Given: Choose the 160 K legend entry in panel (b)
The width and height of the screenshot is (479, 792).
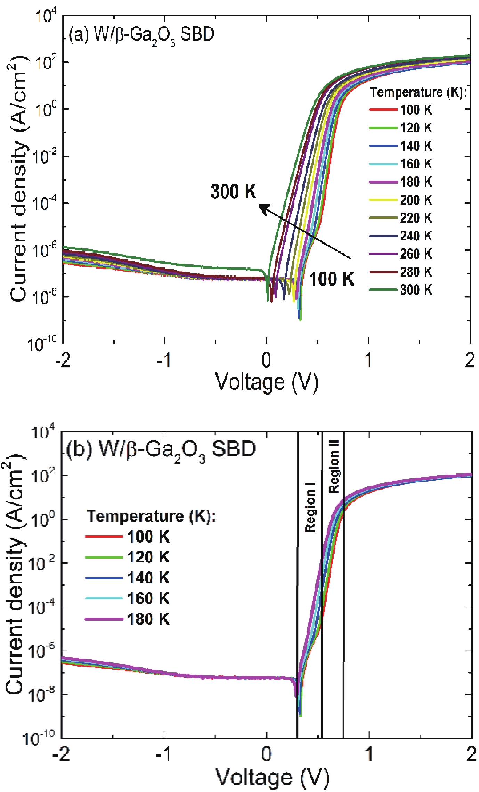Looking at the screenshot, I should coord(148,598).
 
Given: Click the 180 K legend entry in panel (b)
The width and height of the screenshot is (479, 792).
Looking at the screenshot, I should coord(148,619).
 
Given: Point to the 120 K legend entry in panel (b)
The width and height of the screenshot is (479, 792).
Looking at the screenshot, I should coord(148,557).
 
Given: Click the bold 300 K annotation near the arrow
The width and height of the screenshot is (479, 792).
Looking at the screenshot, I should coord(233,191).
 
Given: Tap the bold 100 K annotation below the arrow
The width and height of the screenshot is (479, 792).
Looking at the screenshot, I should coord(331,279).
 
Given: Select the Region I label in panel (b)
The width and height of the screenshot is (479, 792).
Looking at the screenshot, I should coord(310,507).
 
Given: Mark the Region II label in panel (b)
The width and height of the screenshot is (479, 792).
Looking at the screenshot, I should coord(334,471).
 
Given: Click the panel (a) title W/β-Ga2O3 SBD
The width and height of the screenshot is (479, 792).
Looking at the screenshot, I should coord(141,36).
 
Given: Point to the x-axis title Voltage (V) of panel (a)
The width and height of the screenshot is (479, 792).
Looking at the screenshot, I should coord(267,382).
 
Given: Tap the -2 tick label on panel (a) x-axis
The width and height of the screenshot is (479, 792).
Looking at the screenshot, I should coord(63,360).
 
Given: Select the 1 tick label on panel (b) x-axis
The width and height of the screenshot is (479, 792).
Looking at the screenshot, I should coord(368,754).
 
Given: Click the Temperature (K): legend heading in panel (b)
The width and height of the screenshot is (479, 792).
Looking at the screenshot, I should coord(151,516).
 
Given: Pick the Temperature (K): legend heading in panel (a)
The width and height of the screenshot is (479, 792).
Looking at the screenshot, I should coord(418,92).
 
